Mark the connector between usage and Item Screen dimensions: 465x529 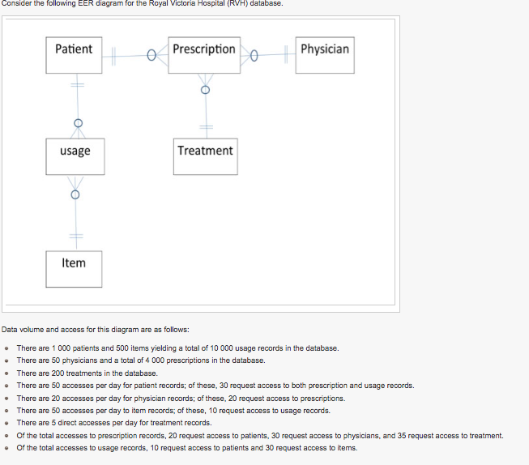coord(75,215)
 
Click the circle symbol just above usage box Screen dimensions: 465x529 coord(77,123)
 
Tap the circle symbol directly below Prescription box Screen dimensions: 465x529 coord(204,89)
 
